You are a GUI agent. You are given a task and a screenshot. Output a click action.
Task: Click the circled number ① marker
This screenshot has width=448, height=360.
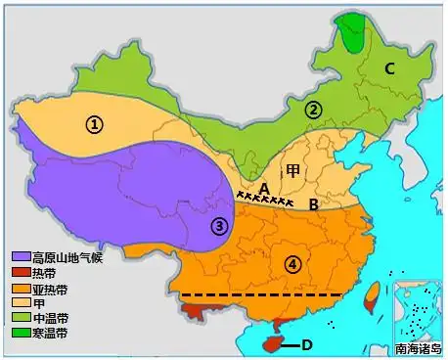tap(94, 124)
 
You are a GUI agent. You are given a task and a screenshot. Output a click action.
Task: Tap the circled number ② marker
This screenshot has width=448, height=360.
tap(313, 111)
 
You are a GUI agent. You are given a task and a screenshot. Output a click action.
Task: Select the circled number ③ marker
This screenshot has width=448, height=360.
tap(220, 226)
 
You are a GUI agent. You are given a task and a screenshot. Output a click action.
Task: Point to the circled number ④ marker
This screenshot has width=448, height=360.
tap(292, 262)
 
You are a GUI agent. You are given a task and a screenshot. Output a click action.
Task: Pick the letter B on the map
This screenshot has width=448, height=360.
tap(313, 204)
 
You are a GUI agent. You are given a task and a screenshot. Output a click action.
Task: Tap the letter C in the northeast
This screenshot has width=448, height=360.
tap(388, 68)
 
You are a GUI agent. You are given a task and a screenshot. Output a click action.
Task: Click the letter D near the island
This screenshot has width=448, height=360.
tap(306, 344)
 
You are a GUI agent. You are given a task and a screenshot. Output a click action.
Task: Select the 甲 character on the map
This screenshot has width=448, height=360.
tap(292, 169)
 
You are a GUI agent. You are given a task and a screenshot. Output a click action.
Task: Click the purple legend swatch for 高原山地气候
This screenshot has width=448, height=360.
tap(20, 257)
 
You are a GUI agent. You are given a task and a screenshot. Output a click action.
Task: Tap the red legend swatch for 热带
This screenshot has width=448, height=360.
tap(20, 273)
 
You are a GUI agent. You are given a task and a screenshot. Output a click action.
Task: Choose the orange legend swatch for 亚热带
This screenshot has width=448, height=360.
tap(20, 289)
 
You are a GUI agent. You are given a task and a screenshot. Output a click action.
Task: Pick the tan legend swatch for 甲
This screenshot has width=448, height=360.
tap(20, 303)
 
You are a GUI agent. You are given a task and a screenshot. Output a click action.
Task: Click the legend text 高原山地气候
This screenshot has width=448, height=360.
tap(67, 257)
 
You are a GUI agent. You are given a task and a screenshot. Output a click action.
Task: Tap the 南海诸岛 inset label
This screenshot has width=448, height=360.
tap(419, 349)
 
